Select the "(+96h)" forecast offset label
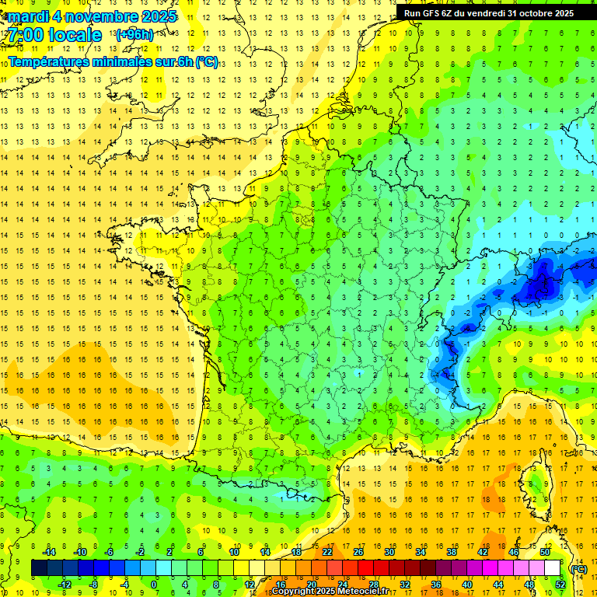[134, 35]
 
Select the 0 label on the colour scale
[155, 584]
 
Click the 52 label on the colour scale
[560, 584]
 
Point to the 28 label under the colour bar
[373, 584]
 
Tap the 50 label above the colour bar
[544, 552]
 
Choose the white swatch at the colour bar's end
[552, 568]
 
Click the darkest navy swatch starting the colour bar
[39, 568]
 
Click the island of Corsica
[530, 482]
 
